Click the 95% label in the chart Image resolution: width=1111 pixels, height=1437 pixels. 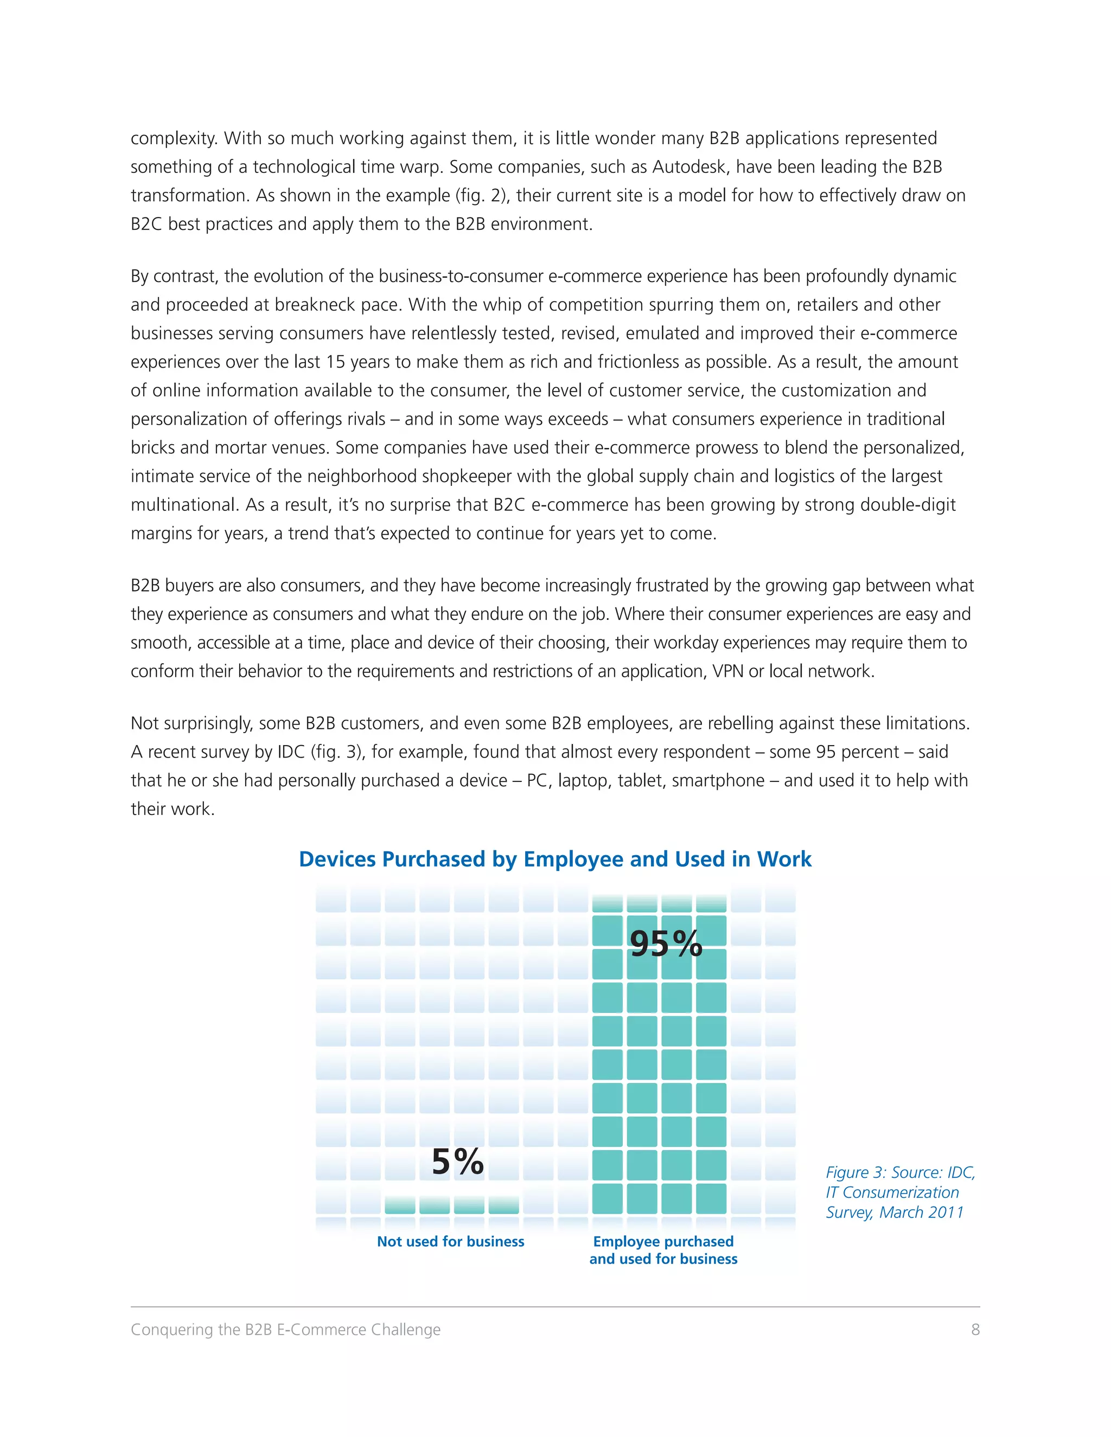[666, 944]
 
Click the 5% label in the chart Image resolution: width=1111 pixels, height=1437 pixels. [458, 1162]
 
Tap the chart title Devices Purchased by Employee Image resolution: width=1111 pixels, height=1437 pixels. [555, 859]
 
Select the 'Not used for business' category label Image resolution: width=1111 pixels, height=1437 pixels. [450, 1242]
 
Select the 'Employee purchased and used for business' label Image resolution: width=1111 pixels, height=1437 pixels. [663, 1250]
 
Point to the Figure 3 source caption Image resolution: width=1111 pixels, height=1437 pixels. [900, 1192]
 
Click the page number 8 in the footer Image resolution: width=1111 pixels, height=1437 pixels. [975, 1330]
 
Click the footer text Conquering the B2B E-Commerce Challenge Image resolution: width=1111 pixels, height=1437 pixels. [286, 1330]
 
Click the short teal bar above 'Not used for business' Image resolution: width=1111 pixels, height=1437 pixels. [451, 1205]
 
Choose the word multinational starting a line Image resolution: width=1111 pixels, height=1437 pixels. [182, 505]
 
